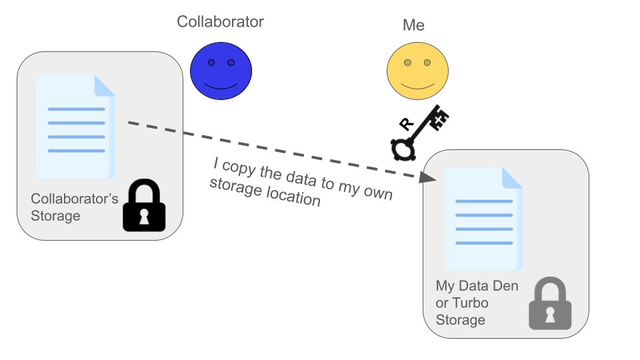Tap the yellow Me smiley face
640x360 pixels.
pos(417,71)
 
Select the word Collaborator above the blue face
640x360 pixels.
pos(220,21)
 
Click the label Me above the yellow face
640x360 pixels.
pos(413,26)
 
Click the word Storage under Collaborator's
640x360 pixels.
pos(55,216)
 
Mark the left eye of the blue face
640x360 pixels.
pos(211,63)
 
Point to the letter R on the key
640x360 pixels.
pos(405,123)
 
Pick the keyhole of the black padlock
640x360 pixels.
pos(144,217)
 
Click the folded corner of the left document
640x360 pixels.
pos(105,85)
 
